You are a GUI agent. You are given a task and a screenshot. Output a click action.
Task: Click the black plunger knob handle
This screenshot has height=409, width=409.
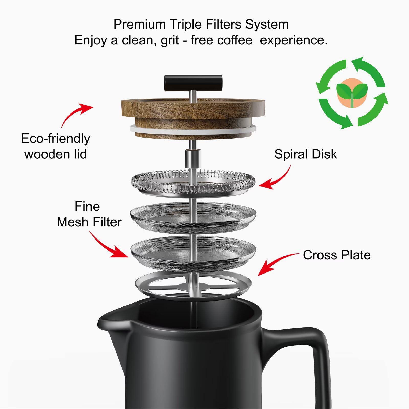click(193, 83)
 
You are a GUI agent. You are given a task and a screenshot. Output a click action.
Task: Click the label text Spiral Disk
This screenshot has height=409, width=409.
click(305, 154)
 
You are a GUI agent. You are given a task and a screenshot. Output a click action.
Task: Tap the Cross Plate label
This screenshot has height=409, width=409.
click(336, 255)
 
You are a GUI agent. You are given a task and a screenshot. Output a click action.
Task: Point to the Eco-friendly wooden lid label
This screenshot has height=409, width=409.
click(55, 146)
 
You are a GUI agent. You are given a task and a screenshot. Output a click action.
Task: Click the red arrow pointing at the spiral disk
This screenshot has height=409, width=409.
click(276, 179)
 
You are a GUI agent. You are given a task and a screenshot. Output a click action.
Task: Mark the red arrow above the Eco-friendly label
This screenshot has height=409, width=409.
click(77, 114)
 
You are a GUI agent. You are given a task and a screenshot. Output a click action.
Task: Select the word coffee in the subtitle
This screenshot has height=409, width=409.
click(221, 40)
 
